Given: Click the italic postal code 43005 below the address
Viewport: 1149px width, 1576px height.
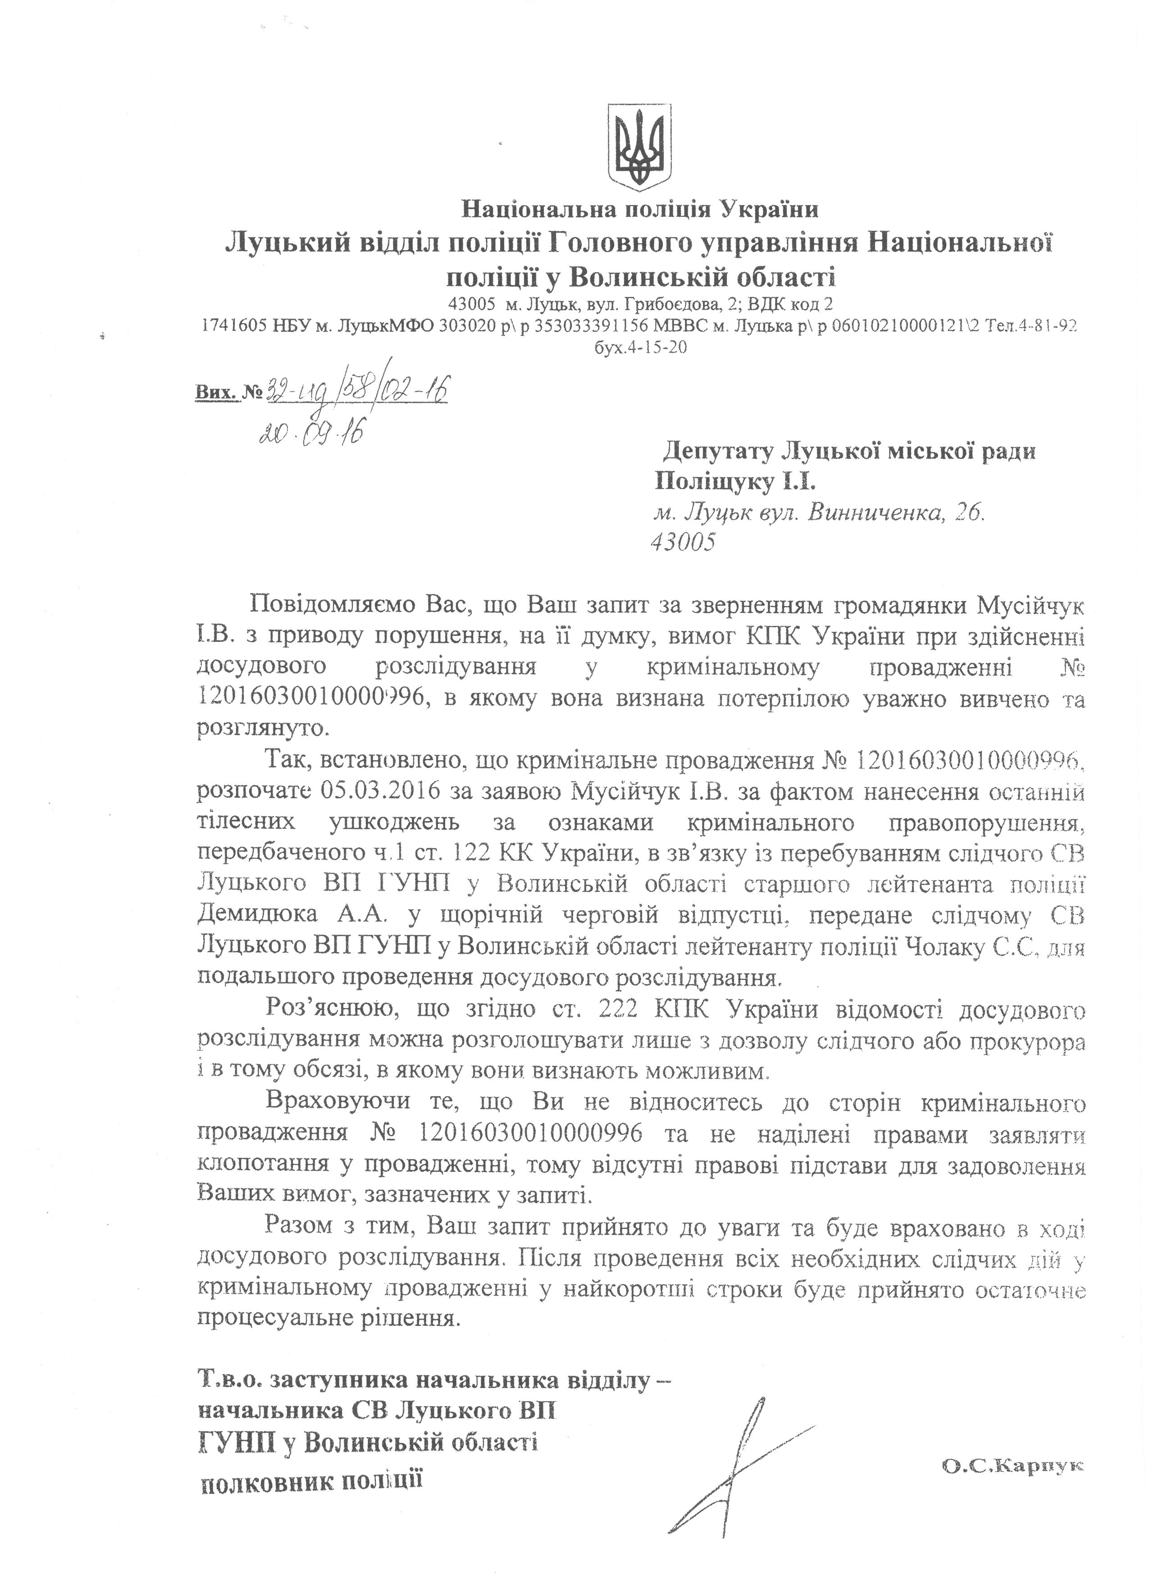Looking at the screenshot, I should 682,543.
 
